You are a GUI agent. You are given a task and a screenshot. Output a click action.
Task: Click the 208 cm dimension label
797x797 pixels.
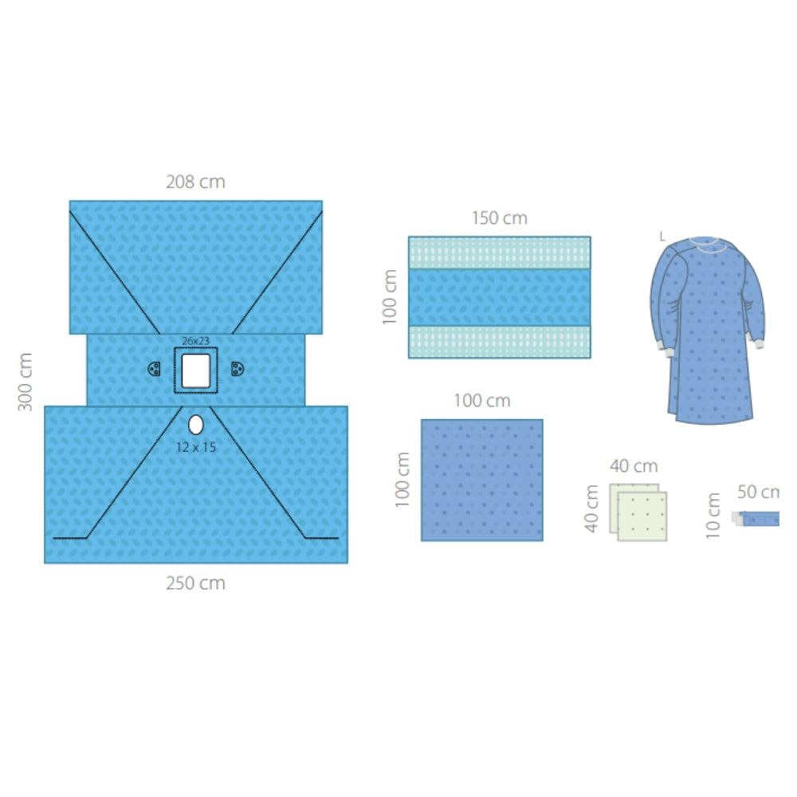pyautogui.click(x=196, y=182)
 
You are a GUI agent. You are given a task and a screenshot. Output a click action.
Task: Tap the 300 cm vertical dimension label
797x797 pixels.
pyautogui.click(x=25, y=382)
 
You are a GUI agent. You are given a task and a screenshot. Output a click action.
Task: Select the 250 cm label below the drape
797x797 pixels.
pyautogui.click(x=196, y=583)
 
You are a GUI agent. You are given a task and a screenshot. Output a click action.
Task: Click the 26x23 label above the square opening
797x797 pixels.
pyautogui.click(x=196, y=340)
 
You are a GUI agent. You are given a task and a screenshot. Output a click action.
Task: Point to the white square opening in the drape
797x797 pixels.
pyautogui.click(x=196, y=371)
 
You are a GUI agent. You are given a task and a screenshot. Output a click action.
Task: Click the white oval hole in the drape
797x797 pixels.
pyautogui.click(x=196, y=425)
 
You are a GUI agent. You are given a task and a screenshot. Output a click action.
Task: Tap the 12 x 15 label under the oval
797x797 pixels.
pyautogui.click(x=196, y=447)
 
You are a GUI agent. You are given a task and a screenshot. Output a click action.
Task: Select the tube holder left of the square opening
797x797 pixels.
pyautogui.click(x=154, y=369)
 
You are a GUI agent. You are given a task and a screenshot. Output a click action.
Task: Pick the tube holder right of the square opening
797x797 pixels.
pyautogui.click(x=238, y=369)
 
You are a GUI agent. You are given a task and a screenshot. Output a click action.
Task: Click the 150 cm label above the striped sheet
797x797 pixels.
pyautogui.click(x=500, y=218)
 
